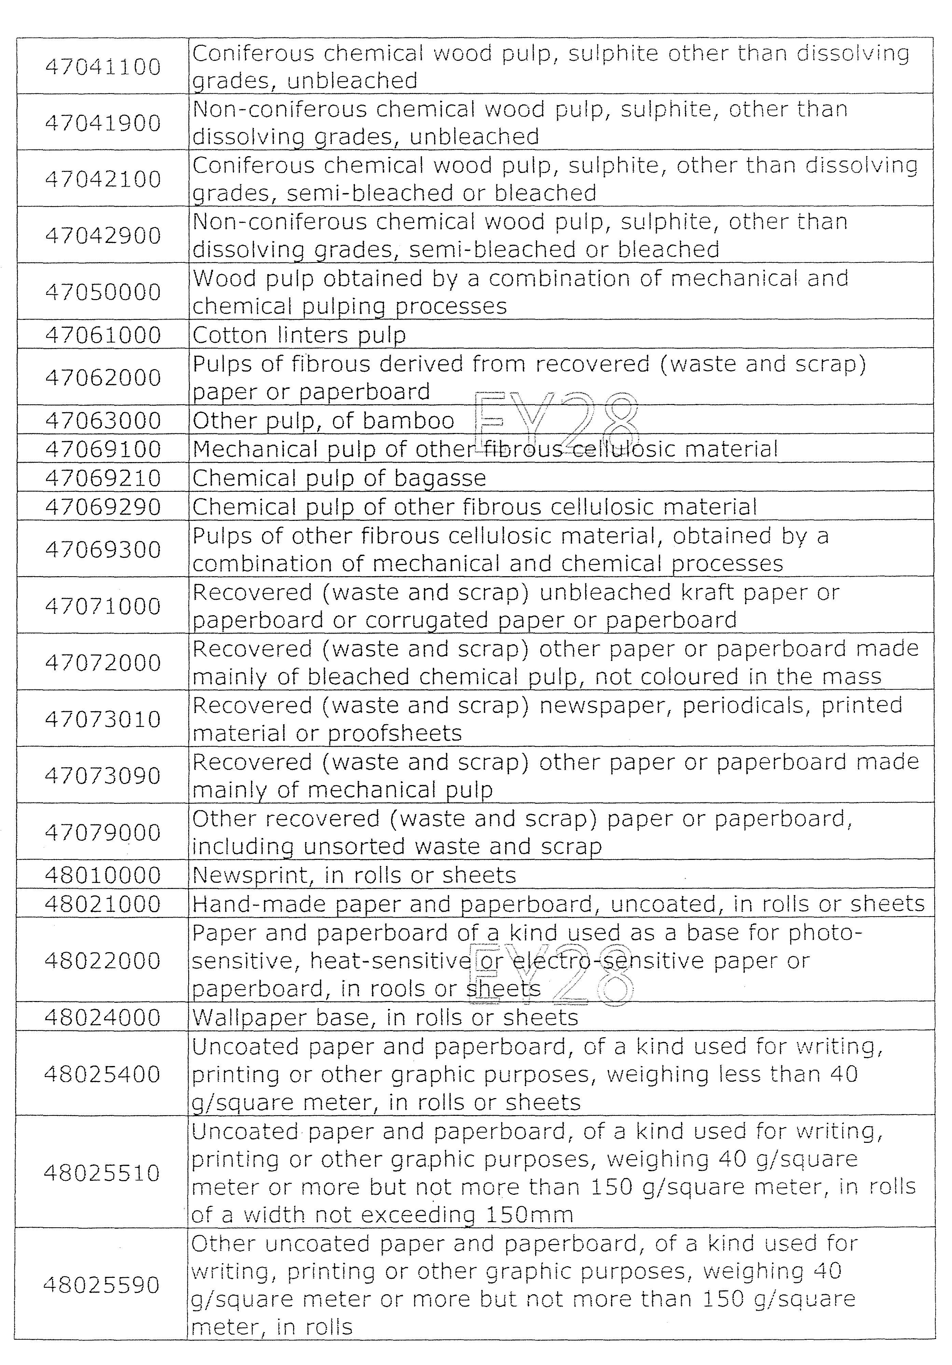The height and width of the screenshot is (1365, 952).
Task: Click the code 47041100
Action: [x=103, y=67]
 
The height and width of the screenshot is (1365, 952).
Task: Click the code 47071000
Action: [x=103, y=606]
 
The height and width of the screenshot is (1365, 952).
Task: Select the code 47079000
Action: [x=103, y=832]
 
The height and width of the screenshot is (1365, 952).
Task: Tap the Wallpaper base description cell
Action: [x=385, y=1017]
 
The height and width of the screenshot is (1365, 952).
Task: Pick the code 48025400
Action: [x=103, y=1074]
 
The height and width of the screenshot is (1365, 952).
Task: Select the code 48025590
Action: [x=103, y=1285]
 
